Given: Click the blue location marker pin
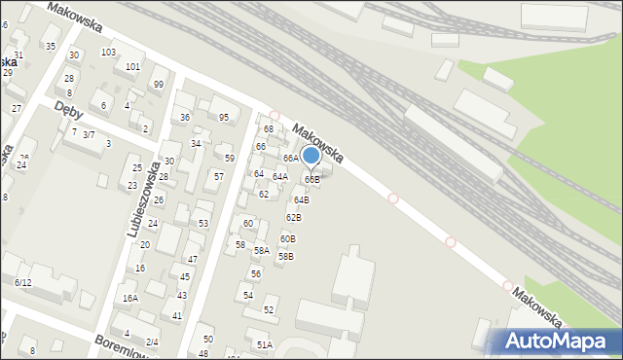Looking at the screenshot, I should pyautogui.click(x=311, y=156).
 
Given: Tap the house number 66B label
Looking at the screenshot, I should pyautogui.click(x=311, y=179).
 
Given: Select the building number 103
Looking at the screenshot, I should pyautogui.click(x=108, y=52).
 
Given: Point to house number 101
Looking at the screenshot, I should pyautogui.click(x=133, y=67).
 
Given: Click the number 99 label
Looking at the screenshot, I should pyautogui.click(x=158, y=85).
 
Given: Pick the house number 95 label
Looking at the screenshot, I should pyautogui.click(x=224, y=118).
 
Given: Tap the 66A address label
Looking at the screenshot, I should pyautogui.click(x=290, y=158).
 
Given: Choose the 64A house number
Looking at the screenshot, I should pyautogui.click(x=279, y=176).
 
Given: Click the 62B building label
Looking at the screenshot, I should pyautogui.click(x=293, y=217).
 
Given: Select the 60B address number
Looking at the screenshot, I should pyautogui.click(x=287, y=238).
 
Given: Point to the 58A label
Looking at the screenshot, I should pyautogui.click(x=261, y=250).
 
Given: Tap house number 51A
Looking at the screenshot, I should pyautogui.click(x=264, y=344).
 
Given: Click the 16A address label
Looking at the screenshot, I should pyautogui.click(x=129, y=299).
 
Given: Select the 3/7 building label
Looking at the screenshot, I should pyautogui.click(x=88, y=134).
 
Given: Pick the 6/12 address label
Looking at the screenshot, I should pyautogui.click(x=23, y=282).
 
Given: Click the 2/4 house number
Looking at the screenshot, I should pyautogui.click(x=152, y=342).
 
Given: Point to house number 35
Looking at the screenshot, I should pyautogui.click(x=51, y=46).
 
